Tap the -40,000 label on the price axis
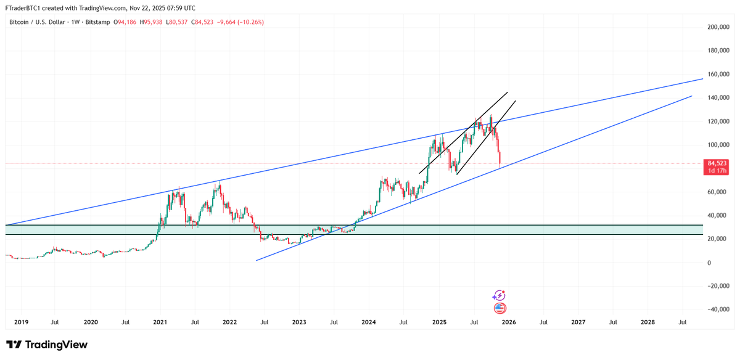[717, 309]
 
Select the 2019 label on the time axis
[22, 322]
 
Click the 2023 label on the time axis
[299, 322]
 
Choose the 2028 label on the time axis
[647, 322]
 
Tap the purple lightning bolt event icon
[499, 296]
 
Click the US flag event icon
[499, 308]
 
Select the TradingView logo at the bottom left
[47, 345]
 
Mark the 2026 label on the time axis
[509, 322]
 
